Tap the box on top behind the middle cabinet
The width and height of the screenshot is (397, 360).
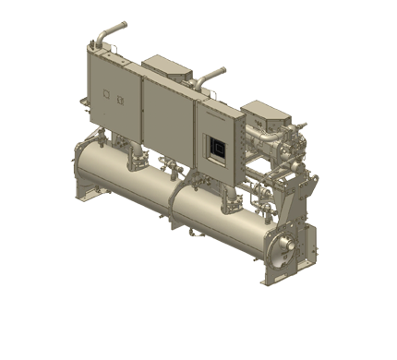166,65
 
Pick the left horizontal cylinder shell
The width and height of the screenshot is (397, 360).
120,181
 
